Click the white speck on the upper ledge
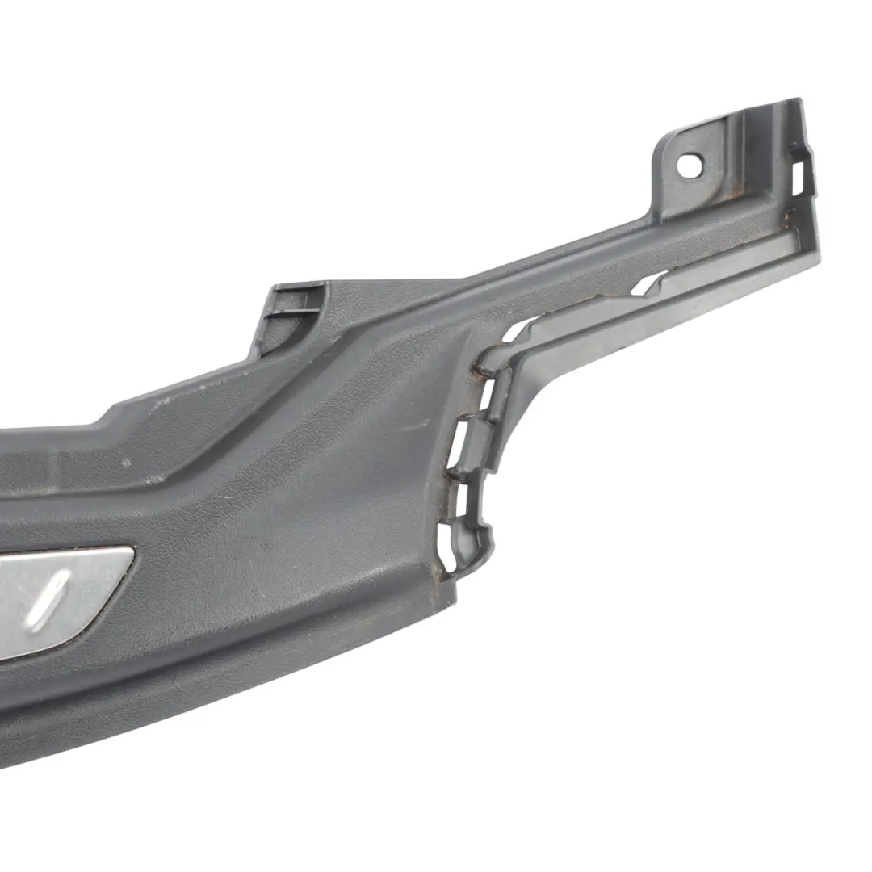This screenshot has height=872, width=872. (124, 464)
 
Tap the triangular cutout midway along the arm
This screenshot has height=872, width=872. (647, 283)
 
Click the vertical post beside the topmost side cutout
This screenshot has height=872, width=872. (501, 395)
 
